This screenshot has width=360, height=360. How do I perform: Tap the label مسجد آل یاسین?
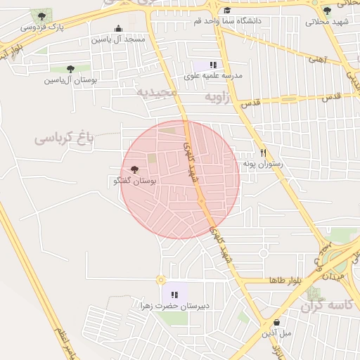(117, 39)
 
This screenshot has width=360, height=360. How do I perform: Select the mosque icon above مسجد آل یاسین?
(118, 29)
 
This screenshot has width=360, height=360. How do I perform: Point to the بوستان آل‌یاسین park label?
(70, 80)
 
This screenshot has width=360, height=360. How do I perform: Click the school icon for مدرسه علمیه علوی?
(213, 65)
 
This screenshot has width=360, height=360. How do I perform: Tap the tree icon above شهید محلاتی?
(327, 11)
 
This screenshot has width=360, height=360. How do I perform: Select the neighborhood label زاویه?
(217, 98)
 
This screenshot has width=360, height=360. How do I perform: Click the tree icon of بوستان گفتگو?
(135, 169)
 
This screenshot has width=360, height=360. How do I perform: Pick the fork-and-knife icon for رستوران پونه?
(264, 153)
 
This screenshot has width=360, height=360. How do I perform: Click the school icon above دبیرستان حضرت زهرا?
(175, 295)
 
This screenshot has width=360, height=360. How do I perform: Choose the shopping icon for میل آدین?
(276, 322)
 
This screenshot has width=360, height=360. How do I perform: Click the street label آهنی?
(317, 60)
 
